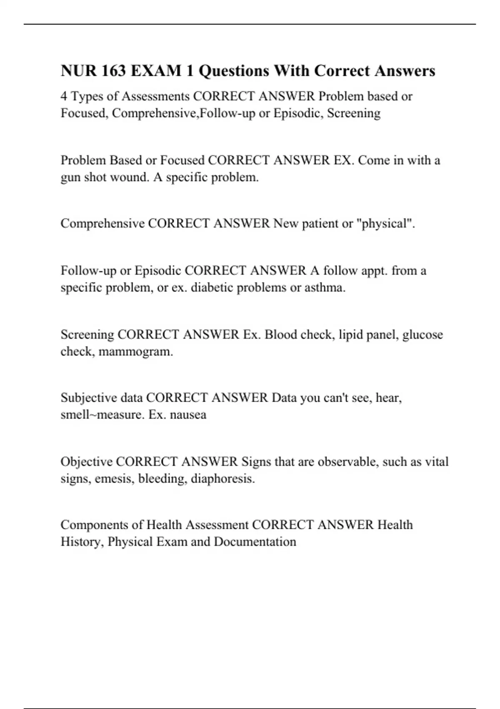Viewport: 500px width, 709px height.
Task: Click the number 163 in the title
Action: pos(112,71)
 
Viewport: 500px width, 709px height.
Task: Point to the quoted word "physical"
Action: pos(386,224)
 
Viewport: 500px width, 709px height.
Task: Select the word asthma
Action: pos(325,288)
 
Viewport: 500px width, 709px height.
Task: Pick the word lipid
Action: pos(351,334)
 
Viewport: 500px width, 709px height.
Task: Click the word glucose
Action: pos(422,334)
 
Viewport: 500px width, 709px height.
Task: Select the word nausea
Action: pos(188,415)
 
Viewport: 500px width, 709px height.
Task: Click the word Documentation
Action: pos(255,542)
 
